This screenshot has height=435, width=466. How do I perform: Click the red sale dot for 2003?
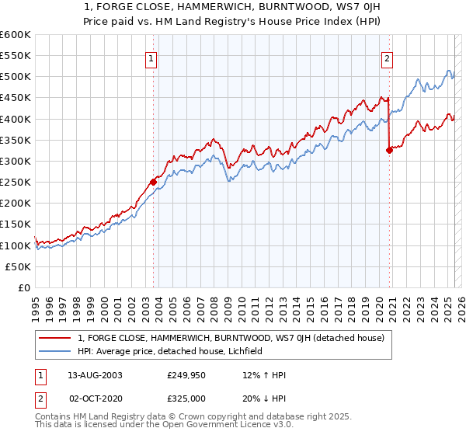coord(154,182)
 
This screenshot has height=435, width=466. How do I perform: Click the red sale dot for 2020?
coord(389,151)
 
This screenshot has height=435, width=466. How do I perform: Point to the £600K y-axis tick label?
coord(16,35)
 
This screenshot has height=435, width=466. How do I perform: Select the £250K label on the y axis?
coord(16,182)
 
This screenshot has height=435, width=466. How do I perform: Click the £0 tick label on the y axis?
coord(23,287)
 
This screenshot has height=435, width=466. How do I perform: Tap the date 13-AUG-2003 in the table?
coord(95,374)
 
